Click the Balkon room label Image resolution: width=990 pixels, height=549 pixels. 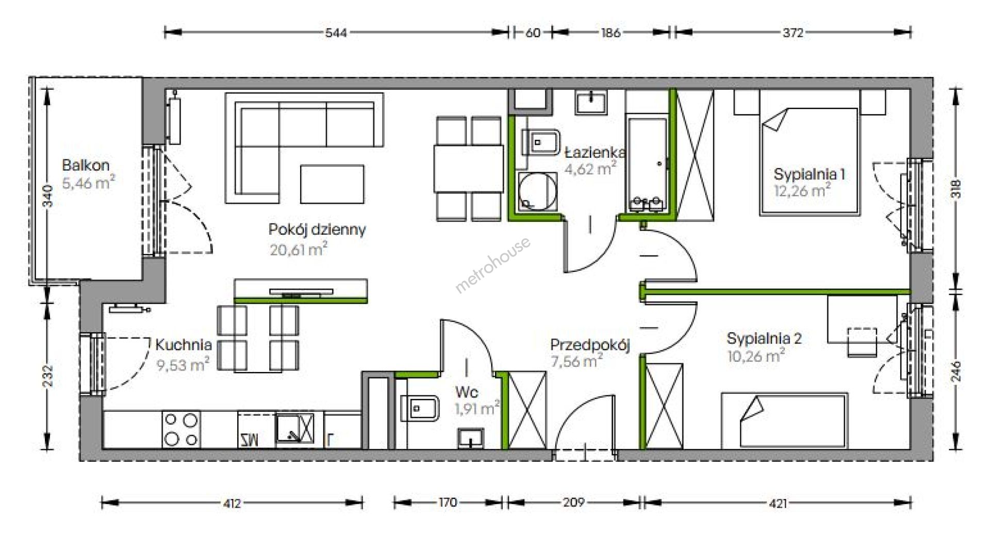click(x=86, y=166)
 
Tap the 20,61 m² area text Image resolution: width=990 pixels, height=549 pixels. click(x=299, y=250)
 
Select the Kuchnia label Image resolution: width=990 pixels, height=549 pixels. click(x=184, y=345)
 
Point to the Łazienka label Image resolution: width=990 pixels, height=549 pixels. click(x=595, y=153)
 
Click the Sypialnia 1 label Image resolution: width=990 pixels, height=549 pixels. click(x=809, y=174)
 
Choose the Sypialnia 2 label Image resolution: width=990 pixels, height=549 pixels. click(x=764, y=339)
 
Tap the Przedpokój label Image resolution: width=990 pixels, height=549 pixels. click(x=590, y=345)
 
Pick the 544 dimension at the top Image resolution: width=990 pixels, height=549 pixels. click(x=336, y=33)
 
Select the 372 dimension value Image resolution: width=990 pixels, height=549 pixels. click(x=793, y=33)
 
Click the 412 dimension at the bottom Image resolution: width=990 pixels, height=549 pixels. click(x=232, y=503)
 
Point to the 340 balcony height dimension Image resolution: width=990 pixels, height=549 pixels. click(x=47, y=196)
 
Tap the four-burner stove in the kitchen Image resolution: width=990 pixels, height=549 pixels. click(x=181, y=430)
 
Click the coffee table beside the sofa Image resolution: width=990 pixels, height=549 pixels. click(x=332, y=184)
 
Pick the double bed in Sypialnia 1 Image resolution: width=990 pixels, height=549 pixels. click(x=809, y=162)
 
